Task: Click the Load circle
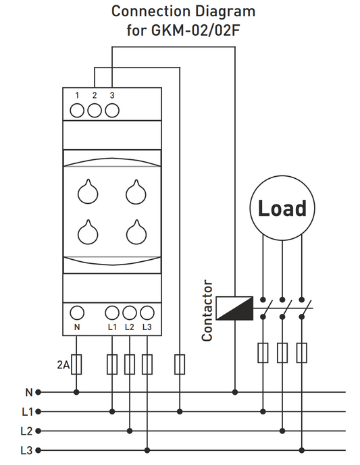click(x=282, y=208)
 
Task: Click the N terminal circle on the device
click(x=76, y=313)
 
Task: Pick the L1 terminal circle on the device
click(x=112, y=313)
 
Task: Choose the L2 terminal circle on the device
click(x=130, y=313)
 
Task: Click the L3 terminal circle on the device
click(x=147, y=313)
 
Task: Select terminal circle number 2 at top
click(x=94, y=109)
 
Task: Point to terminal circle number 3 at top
click(x=111, y=109)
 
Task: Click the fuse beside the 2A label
click(x=76, y=364)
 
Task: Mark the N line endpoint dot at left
click(x=38, y=391)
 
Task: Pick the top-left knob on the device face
click(x=87, y=192)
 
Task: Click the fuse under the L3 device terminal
click(x=147, y=364)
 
